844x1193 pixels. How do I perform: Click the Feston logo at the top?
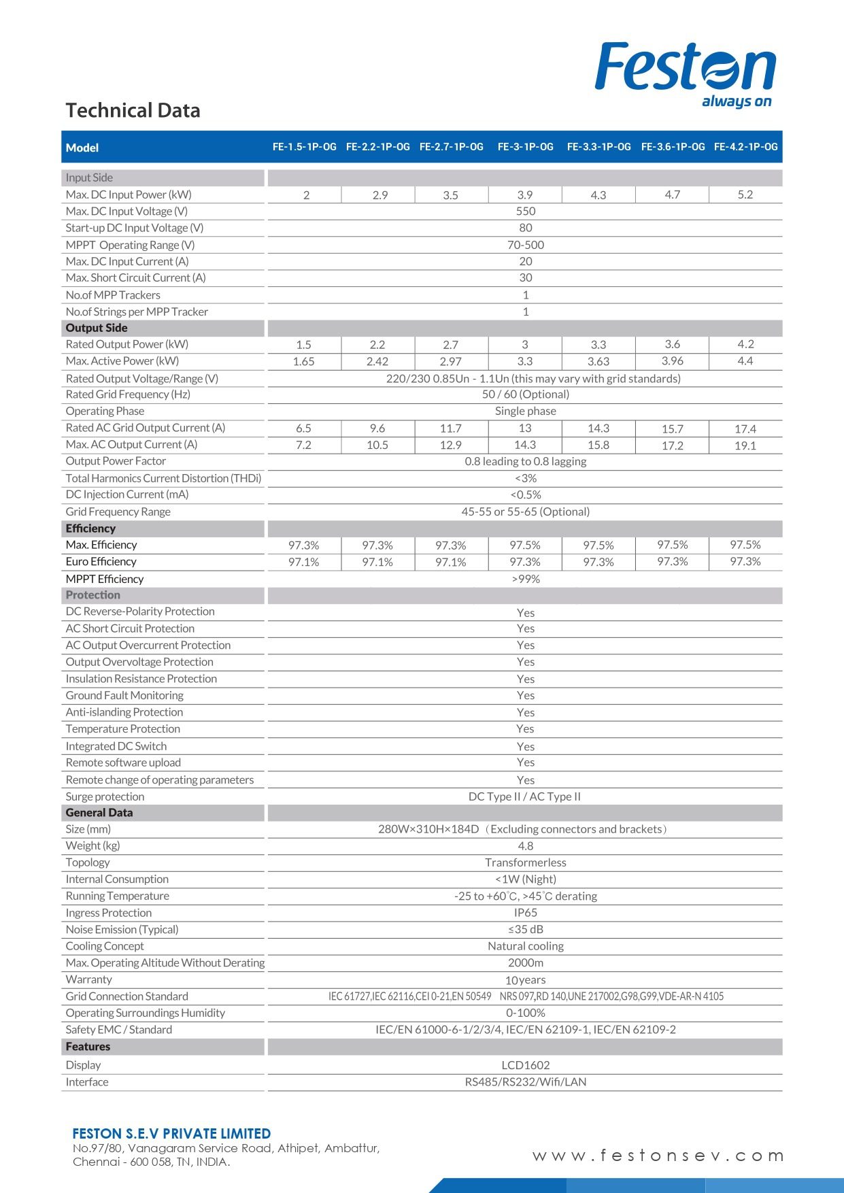tap(685, 71)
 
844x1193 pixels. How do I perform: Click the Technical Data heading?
tap(133, 110)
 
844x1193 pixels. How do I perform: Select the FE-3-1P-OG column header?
tap(525, 147)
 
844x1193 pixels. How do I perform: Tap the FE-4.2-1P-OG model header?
tap(745, 147)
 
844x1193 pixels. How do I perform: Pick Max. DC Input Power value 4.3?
tap(598, 195)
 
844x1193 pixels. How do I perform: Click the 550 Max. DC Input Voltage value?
tap(525, 212)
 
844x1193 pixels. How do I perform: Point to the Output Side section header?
tap(97, 328)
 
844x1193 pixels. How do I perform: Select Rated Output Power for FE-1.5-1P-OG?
tap(303, 345)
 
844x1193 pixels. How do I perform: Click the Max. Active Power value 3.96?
tap(672, 361)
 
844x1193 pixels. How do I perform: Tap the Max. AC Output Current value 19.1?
tap(745, 446)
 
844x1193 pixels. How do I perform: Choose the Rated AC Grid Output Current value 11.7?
tap(450, 429)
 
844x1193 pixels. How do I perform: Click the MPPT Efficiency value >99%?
tap(525, 579)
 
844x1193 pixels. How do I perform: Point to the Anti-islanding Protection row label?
tap(124, 712)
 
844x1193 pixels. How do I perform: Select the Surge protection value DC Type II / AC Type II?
tap(524, 796)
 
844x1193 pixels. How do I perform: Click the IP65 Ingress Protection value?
tap(525, 913)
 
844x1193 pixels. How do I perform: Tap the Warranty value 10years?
tap(525, 980)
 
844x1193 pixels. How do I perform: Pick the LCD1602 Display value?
tap(525, 1065)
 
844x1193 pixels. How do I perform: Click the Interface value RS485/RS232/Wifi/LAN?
tap(525, 1082)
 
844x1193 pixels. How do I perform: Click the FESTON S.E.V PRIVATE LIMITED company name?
tap(171, 1134)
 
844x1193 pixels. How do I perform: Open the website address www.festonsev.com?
tap(658, 1156)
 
